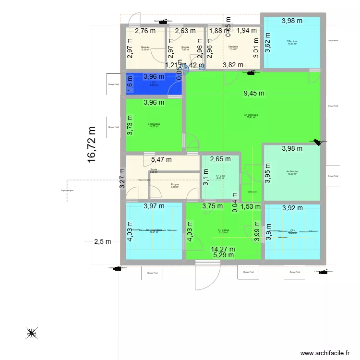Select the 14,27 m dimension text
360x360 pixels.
[223, 249]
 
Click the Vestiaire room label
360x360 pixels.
[234, 47]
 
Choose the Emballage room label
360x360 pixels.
[154, 124]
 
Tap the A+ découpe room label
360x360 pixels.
[252, 115]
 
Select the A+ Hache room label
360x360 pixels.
[292, 172]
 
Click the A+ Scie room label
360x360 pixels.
[220, 176]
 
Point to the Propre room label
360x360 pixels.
[175, 185]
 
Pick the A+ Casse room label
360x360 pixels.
[223, 230]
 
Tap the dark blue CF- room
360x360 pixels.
[154, 84]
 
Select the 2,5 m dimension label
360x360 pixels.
[102, 241]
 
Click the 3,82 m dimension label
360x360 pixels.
[232, 65]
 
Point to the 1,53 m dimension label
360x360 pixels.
[250, 206]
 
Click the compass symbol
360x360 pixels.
[32, 332]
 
